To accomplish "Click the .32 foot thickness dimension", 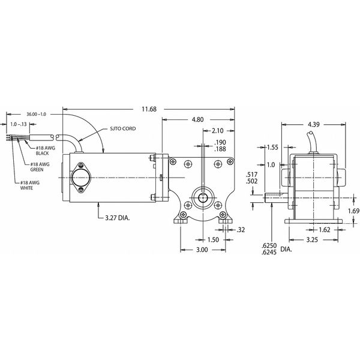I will click(x=241, y=229).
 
